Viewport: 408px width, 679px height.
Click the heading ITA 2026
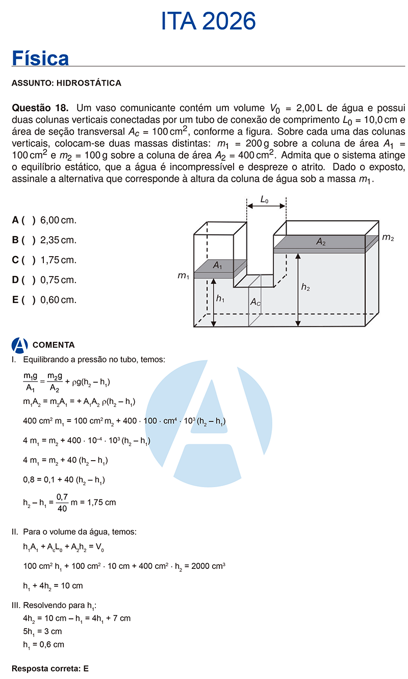pyautogui.click(x=208, y=21)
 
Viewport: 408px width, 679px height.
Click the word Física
pyautogui.click(x=40, y=58)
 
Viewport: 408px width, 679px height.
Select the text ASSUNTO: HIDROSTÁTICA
pyautogui.click(x=66, y=83)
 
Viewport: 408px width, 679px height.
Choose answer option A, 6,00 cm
pyautogui.click(x=44, y=220)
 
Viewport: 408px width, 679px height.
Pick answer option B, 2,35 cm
pyautogui.click(x=44, y=240)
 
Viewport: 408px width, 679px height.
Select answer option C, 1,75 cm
pyautogui.click(x=44, y=260)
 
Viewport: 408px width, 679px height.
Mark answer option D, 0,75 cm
pyautogui.click(x=44, y=280)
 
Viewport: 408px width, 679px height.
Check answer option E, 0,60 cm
pyautogui.click(x=44, y=300)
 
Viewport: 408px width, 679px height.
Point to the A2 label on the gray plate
pyautogui.click(x=321, y=242)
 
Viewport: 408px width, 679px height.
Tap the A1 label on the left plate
pyautogui.click(x=218, y=265)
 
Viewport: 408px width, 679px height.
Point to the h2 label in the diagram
pyautogui.click(x=305, y=288)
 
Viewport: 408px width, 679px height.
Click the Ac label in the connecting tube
pyautogui.click(x=256, y=303)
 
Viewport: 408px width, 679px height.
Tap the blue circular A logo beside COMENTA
pyautogui.click(x=19, y=345)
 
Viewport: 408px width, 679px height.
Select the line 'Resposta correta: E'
pyautogui.click(x=50, y=668)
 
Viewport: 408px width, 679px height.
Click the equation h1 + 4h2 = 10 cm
pyautogui.click(x=53, y=586)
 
